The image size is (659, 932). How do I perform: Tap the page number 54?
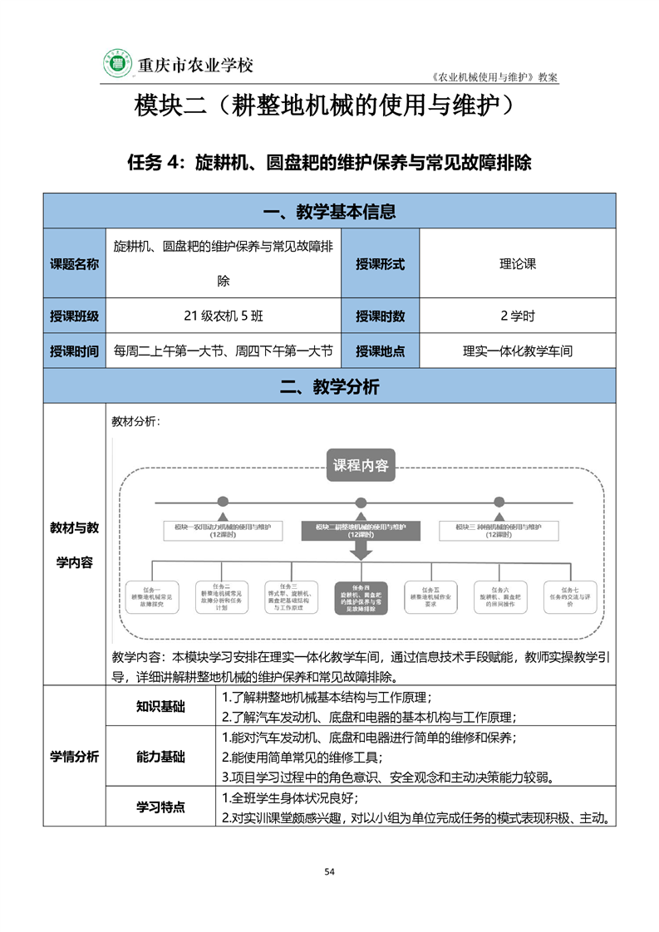click(329, 871)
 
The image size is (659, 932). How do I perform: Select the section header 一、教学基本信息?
click(329, 212)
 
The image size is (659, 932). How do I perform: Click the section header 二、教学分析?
click(329, 386)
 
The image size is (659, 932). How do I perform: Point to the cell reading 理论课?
click(517, 264)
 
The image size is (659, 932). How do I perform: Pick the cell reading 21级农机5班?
click(224, 316)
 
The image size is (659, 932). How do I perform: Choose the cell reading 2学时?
click(517, 316)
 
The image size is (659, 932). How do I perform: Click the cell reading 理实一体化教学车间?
click(517, 351)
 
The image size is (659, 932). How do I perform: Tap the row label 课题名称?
click(75, 264)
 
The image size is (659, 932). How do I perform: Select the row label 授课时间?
click(75, 351)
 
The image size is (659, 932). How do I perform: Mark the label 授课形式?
click(380, 264)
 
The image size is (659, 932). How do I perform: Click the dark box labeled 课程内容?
click(361, 465)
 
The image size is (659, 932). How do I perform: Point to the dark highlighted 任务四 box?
click(361, 598)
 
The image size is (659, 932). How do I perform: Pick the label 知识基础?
click(160, 707)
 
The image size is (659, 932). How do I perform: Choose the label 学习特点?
click(160, 807)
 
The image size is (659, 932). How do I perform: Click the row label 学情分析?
click(75, 757)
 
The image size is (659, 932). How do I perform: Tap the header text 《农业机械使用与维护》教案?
click(496, 76)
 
